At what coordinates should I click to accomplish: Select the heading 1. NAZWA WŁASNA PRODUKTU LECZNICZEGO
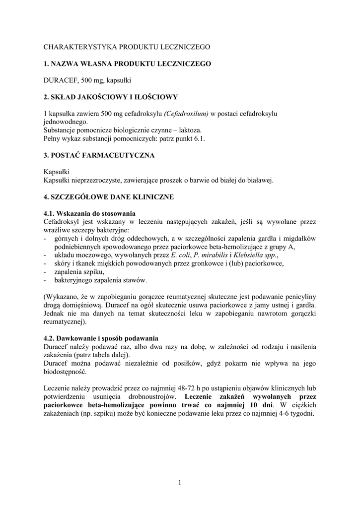127,63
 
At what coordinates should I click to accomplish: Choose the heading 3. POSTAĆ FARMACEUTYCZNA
99,155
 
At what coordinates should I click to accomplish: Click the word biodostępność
65,372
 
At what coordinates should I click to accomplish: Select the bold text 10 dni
261,405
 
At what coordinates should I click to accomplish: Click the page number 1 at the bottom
180,482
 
